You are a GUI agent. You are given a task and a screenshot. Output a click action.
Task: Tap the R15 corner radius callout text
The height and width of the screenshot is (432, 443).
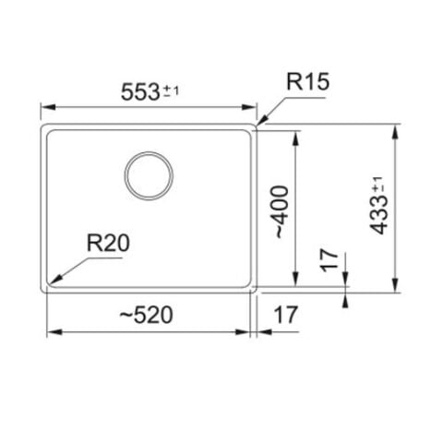[x=307, y=83]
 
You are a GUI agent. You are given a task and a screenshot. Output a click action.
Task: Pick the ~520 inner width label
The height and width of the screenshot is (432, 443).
[x=146, y=315]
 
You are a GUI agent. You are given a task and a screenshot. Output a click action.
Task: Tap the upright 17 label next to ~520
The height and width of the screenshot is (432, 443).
[x=286, y=315]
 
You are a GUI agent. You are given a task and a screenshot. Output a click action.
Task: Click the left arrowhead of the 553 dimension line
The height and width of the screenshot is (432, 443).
[x=42, y=108]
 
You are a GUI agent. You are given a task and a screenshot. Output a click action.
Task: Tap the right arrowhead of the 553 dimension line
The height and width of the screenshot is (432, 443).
[x=257, y=108]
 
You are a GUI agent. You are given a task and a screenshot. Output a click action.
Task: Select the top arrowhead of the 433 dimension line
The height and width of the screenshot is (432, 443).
[x=395, y=126]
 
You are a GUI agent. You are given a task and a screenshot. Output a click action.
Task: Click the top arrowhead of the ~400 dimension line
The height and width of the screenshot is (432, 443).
[x=295, y=132]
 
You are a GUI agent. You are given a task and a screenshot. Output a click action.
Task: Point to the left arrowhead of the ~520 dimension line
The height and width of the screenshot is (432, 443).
[x=48, y=332]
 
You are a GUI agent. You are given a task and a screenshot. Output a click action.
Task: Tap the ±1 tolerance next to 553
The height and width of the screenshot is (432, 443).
[x=172, y=90]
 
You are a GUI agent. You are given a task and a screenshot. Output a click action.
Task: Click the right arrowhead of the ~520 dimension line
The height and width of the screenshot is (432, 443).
[x=250, y=332]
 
